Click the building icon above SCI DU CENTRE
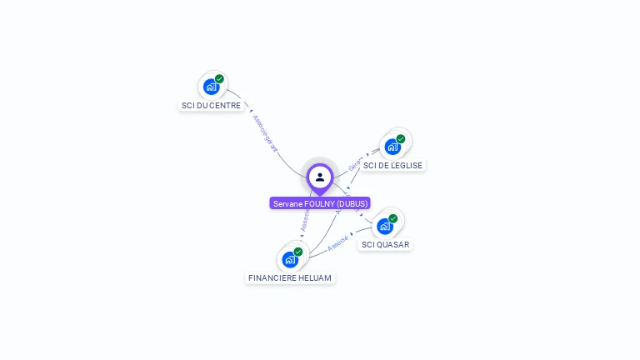(x=211, y=86)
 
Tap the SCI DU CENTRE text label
(x=211, y=106)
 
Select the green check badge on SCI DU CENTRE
(x=219, y=79)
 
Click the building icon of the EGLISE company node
(x=392, y=146)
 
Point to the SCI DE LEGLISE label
(x=393, y=165)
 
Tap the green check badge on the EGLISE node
(x=401, y=139)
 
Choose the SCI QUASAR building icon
(x=385, y=226)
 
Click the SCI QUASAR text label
(x=385, y=245)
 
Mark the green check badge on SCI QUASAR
(x=393, y=219)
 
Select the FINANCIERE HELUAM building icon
(x=290, y=259)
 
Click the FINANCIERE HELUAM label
(x=291, y=277)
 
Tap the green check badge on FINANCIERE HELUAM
(x=298, y=252)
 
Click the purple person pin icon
(x=320, y=177)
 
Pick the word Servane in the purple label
(x=287, y=203)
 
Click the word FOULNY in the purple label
(x=318, y=203)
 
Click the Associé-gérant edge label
(x=264, y=132)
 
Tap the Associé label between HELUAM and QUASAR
(x=338, y=243)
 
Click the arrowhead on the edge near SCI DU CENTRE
(x=251, y=110)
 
